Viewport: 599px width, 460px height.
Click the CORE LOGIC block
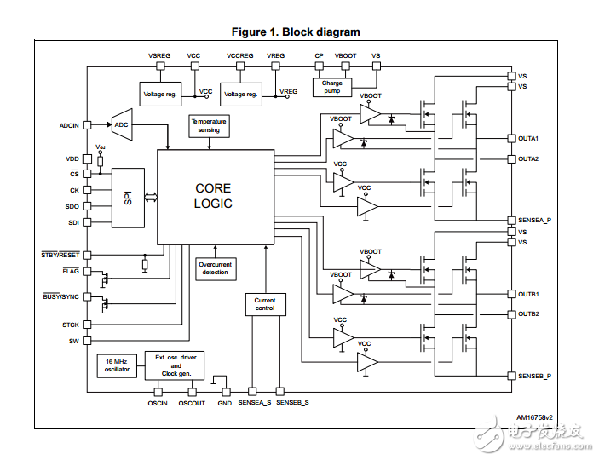point(213,197)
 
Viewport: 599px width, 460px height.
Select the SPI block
point(128,198)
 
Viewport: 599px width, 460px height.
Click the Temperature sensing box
point(209,126)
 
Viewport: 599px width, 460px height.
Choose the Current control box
point(265,304)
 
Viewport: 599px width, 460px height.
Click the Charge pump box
point(331,87)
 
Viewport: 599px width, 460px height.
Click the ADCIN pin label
point(69,125)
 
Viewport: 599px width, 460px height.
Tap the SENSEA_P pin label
point(534,220)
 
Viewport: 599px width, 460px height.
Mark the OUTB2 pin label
point(529,314)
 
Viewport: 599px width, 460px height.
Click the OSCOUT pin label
point(192,403)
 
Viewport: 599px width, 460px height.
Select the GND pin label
point(225,403)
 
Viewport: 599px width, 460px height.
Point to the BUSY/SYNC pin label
point(61,296)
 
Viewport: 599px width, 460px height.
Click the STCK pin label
point(70,325)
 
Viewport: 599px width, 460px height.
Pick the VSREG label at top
point(159,55)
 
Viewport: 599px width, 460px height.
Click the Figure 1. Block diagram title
point(296,32)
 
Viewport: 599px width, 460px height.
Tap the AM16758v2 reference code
point(534,417)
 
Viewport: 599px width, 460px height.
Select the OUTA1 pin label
point(529,139)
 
